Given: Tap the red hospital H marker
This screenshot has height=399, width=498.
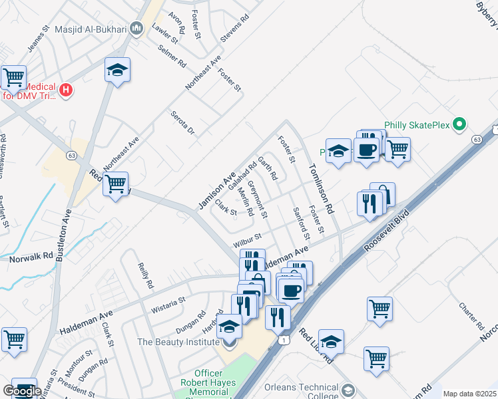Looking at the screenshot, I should point(66,90).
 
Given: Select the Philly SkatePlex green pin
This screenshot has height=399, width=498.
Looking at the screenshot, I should point(458,124).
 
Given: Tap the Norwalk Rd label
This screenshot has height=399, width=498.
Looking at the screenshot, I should point(27,257).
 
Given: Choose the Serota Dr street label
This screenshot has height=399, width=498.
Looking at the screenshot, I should point(182,122).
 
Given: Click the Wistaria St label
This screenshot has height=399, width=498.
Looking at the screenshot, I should point(168,303).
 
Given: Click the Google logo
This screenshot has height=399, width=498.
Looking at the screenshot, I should point(21,391).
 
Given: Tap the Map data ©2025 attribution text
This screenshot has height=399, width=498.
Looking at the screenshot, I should point(469,394).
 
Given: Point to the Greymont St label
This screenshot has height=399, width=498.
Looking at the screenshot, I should point(257,199).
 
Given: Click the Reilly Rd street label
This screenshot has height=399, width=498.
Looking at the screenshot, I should point(145,275).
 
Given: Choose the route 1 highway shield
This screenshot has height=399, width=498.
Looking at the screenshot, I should point(284,340).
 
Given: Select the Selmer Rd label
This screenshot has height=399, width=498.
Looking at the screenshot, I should point(172,57).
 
